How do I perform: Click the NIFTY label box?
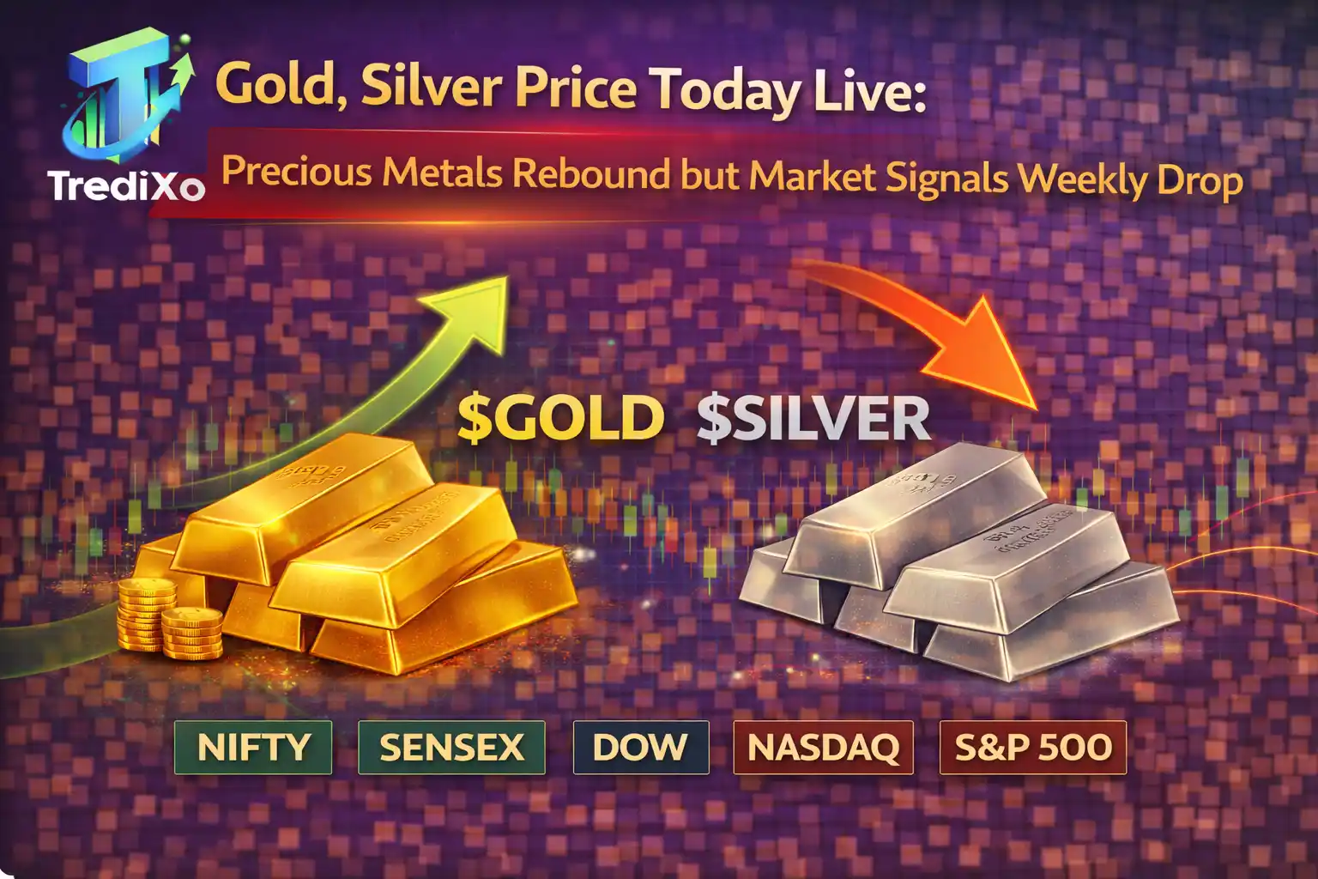[253, 748]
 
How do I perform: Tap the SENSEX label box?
[451, 748]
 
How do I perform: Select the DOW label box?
[640, 748]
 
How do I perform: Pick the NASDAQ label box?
[823, 748]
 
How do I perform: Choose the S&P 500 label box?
[1033, 748]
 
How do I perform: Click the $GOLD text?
[560, 418]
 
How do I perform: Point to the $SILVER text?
[813, 418]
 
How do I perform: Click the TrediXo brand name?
[126, 185]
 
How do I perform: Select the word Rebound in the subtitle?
[590, 173]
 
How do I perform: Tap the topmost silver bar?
[922, 506]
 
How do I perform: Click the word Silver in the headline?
[432, 86]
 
